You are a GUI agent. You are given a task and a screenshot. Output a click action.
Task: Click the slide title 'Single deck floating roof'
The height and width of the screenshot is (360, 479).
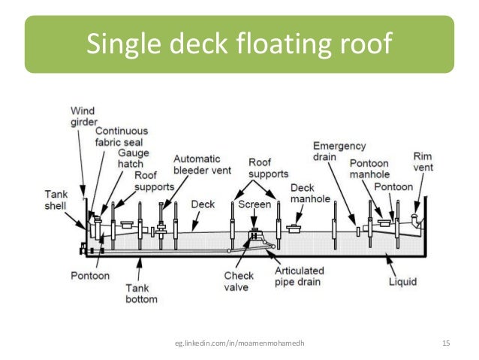[x=239, y=45]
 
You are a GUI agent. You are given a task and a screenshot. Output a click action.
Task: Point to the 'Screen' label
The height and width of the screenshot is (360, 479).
[x=255, y=204]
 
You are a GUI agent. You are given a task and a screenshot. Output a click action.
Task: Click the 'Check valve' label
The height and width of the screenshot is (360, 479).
[x=239, y=281]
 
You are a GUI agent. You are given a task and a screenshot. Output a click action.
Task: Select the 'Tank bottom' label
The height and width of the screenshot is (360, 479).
[x=141, y=293]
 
